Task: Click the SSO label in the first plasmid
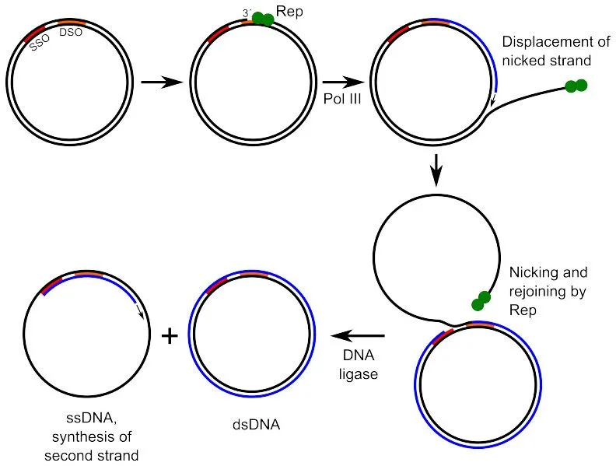(x=39, y=44)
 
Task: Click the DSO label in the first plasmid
(x=71, y=33)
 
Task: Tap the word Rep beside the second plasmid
(x=293, y=12)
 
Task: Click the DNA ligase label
(x=359, y=364)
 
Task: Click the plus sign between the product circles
(x=169, y=335)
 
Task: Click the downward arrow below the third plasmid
(x=436, y=169)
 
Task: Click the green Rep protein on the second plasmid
(x=263, y=19)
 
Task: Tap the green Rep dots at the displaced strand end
(x=576, y=86)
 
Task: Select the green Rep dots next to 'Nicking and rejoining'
(x=479, y=300)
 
